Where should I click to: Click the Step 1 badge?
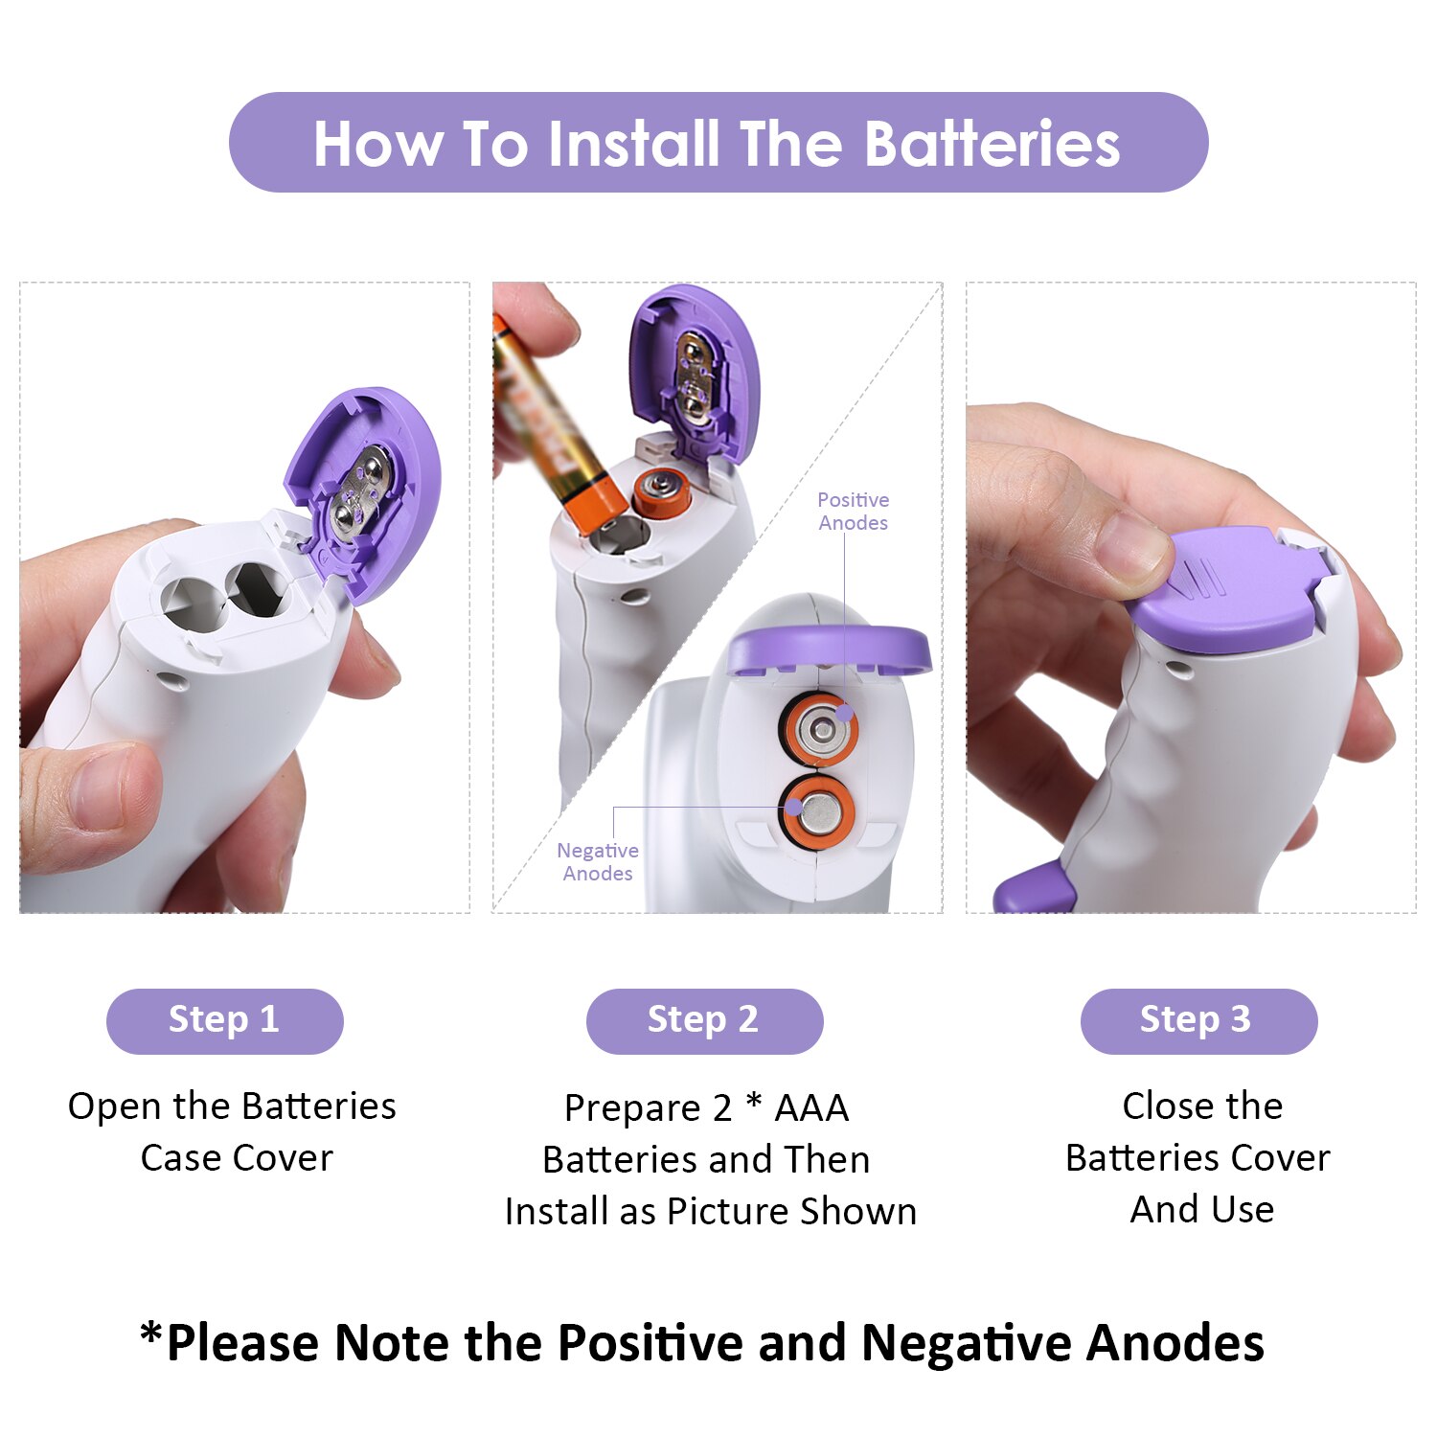[224, 1021]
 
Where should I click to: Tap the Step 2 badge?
[704, 1021]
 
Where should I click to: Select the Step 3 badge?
[1198, 1021]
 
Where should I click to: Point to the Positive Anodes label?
[853, 512]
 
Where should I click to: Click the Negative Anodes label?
[598, 862]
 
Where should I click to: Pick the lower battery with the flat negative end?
[817, 813]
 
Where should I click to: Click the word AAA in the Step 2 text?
[811, 1108]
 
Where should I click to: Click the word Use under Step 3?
[1242, 1210]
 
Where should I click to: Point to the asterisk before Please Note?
[150, 1333]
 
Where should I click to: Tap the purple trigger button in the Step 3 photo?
[1035, 889]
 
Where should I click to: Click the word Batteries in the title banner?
[992, 144]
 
